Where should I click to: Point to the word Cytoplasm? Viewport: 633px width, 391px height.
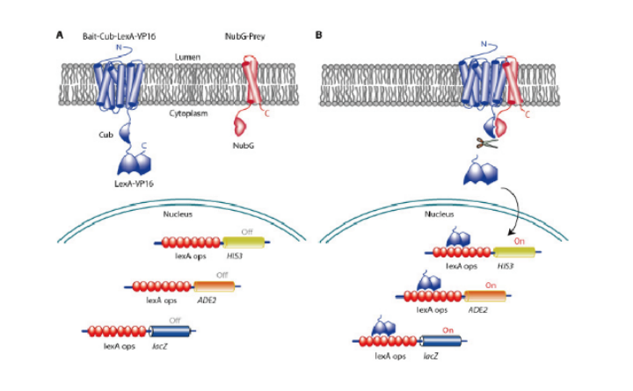(x=186, y=113)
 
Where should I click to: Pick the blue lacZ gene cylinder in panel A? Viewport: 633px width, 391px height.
(x=168, y=331)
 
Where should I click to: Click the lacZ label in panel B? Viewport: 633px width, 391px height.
(x=430, y=356)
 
